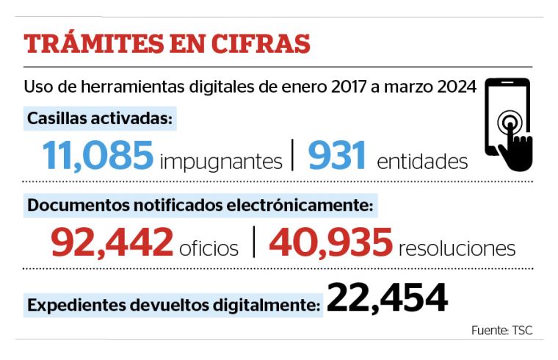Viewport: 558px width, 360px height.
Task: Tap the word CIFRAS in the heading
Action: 261,44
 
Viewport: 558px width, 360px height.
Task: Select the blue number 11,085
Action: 98,155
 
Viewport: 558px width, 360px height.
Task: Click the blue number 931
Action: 337,155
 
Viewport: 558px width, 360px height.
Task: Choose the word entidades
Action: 422,162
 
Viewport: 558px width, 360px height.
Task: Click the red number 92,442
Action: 112,242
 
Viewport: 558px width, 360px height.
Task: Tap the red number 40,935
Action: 331,242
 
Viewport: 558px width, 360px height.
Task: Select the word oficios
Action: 209,248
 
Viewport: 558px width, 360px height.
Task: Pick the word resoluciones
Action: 457,248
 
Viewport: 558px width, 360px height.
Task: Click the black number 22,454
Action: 387,298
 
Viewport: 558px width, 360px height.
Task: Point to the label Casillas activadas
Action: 100,118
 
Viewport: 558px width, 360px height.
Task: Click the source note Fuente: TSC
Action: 501,330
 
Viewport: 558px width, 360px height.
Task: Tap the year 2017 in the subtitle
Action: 349,87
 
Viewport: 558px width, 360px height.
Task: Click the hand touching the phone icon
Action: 515,146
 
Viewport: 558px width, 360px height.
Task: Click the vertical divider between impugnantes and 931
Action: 292,155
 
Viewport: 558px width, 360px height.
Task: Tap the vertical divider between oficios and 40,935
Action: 254,242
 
